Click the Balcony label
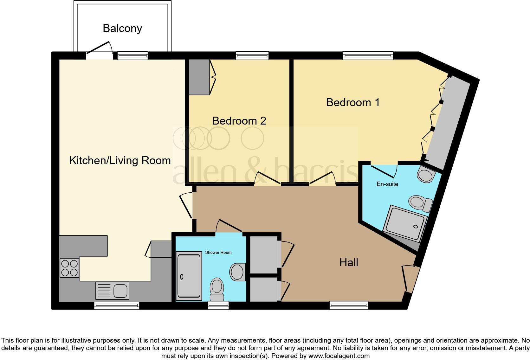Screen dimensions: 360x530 [122, 29]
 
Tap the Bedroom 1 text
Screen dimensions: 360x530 [352, 102]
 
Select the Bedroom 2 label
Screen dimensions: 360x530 [239, 121]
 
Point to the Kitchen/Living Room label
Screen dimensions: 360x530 [120, 160]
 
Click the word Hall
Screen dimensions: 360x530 [349, 262]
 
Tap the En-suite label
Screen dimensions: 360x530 [387, 184]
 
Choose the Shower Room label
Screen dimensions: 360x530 [218, 252]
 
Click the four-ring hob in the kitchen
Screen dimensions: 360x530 [69, 268]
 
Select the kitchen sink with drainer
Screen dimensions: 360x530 [112, 291]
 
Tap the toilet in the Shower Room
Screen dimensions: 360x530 [217, 289]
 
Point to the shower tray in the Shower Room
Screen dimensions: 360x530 [189, 276]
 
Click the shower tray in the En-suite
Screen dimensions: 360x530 [405, 223]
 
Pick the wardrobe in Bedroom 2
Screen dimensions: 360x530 [199, 77]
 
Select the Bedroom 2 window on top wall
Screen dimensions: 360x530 [252, 56]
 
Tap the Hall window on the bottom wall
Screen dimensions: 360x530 [349, 305]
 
